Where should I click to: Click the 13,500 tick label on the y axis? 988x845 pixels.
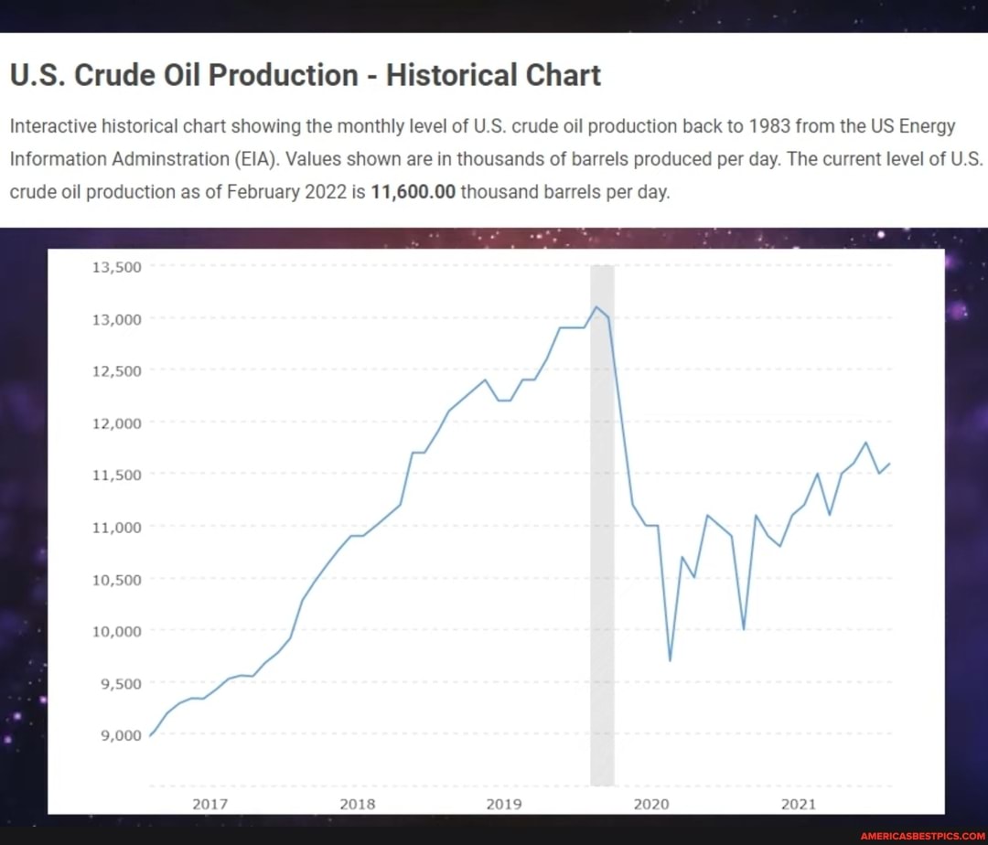pos(115,267)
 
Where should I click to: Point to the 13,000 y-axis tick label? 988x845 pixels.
pos(115,319)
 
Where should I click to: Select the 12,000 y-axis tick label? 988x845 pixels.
pos(115,423)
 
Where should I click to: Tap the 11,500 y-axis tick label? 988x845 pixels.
pos(115,475)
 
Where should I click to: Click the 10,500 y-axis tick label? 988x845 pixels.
pos(115,579)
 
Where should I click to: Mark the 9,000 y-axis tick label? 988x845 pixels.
pos(119,735)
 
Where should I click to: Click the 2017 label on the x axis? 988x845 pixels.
pos(209,804)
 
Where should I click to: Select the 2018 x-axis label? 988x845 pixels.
pos(357,804)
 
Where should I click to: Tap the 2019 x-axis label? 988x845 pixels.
pos(504,804)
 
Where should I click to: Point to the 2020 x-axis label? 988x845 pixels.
pos(651,804)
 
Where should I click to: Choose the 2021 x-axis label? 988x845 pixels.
pos(799,804)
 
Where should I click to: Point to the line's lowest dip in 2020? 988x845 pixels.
pos(670,660)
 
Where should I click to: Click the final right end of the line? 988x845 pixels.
pos(889,464)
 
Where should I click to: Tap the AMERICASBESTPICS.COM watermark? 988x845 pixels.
pos(920,835)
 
